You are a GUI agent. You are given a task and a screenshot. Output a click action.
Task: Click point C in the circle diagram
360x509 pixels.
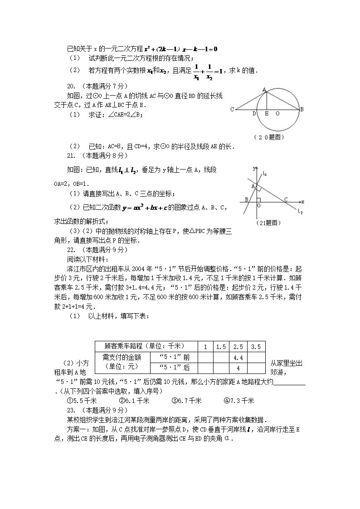[x=232, y=109]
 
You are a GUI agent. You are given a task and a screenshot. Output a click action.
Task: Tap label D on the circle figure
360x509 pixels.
[x=254, y=113]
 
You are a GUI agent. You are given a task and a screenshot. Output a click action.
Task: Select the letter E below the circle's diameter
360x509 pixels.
[x=266, y=113]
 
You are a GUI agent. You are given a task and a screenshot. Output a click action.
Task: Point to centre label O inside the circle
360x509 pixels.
[x=277, y=113]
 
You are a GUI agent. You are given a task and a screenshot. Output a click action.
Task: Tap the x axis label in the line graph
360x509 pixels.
[x=302, y=201]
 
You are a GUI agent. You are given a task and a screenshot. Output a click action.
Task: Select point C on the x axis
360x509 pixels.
[x=286, y=199]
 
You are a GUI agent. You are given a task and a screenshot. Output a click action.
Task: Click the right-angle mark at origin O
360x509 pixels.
[x=258, y=199]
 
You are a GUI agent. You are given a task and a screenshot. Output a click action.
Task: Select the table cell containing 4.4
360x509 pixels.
[x=238, y=357]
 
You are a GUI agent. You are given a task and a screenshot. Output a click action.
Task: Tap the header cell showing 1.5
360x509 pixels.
[x=221, y=347]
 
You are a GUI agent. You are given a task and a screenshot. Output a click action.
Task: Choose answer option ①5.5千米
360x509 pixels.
[x=82, y=401]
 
